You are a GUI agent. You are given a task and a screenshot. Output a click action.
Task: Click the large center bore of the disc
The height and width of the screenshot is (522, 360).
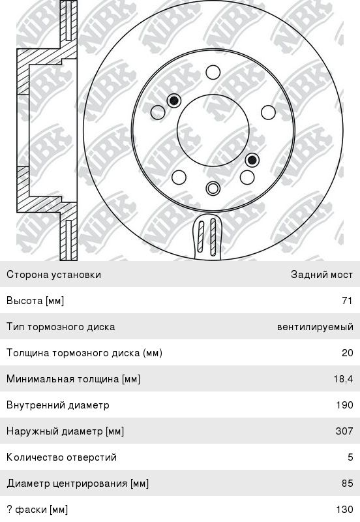tap(213, 130)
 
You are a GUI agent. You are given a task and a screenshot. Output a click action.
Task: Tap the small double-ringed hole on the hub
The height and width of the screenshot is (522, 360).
tap(213, 188)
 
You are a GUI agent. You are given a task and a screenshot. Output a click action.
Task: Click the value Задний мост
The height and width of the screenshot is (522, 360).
tap(322, 274)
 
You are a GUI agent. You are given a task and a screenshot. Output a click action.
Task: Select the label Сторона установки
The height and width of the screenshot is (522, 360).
tap(53, 275)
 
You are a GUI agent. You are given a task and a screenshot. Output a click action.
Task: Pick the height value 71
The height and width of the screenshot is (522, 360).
tap(347, 301)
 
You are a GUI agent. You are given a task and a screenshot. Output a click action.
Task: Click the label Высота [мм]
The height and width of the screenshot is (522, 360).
tap(35, 301)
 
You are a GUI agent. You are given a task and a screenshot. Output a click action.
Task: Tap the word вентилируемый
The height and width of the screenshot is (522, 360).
tap(315, 327)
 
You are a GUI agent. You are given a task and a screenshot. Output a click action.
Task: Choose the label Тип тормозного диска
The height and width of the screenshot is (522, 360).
tap(61, 327)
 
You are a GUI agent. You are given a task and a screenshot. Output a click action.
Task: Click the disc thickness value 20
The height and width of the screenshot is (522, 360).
tap(348, 353)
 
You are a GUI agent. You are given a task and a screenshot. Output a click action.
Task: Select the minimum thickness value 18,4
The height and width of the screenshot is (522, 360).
tap(343, 379)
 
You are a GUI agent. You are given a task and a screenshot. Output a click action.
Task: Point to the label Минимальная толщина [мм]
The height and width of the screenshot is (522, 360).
tap(73, 379)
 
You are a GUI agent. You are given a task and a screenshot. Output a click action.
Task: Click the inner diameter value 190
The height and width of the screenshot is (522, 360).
tap(345, 405)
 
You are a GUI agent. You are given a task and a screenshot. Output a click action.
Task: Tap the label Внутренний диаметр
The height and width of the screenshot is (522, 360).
tap(58, 405)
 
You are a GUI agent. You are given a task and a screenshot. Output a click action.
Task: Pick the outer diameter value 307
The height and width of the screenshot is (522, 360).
tap(344, 431)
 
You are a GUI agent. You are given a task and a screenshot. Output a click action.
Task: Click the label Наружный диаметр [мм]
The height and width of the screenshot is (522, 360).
tap(65, 431)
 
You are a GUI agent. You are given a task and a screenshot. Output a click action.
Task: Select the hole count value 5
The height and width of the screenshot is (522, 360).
tap(350, 457)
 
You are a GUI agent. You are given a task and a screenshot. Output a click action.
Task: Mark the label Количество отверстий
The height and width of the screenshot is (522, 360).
tap(61, 457)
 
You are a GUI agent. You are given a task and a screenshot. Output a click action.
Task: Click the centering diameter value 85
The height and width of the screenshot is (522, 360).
tap(348, 483)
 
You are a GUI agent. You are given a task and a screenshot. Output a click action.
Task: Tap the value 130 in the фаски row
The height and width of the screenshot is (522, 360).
tap(345, 510)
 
